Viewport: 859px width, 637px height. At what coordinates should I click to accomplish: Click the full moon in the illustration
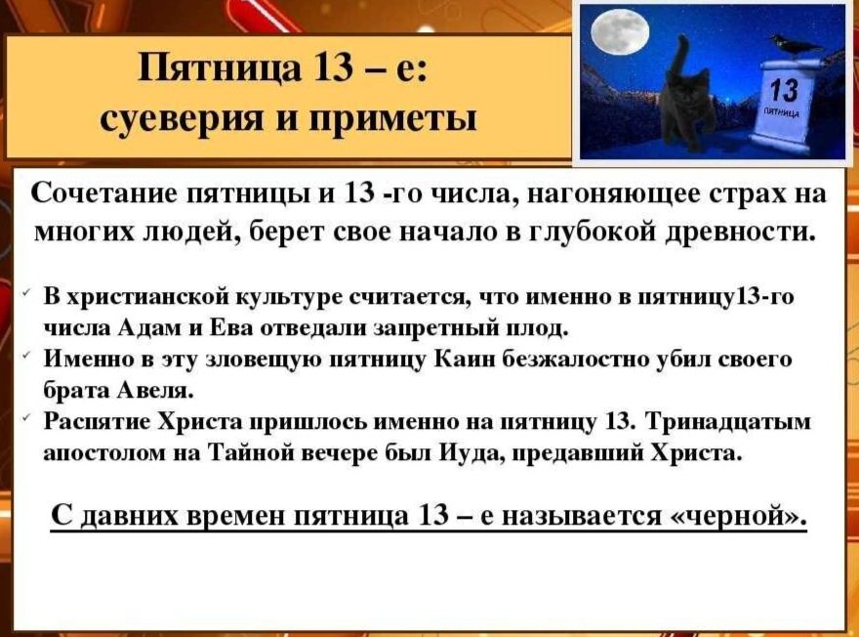pyautogui.click(x=620, y=33)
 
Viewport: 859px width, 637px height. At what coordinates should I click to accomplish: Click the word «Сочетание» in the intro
pyautogui.click(x=102, y=192)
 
